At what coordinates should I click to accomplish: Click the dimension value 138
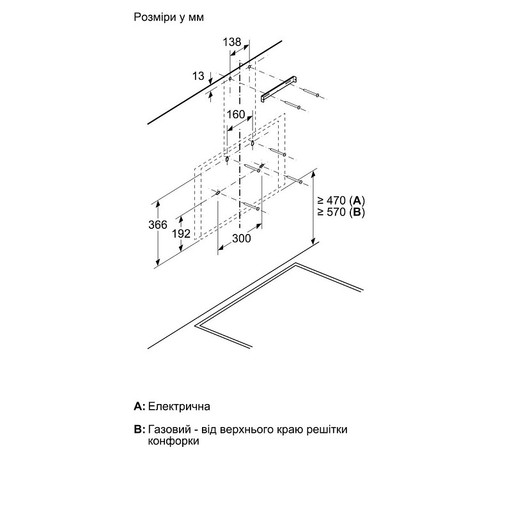(232, 42)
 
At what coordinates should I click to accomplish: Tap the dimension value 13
(198, 76)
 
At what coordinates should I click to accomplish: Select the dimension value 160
(236, 115)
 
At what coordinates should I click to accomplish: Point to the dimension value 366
(158, 224)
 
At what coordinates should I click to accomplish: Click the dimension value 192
(182, 234)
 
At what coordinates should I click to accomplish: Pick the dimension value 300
(240, 238)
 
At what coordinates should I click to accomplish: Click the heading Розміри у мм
(169, 18)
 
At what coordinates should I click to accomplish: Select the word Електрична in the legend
(180, 406)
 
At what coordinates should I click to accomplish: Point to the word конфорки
(172, 442)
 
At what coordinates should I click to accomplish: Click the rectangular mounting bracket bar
(281, 88)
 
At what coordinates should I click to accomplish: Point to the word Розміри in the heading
(154, 18)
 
